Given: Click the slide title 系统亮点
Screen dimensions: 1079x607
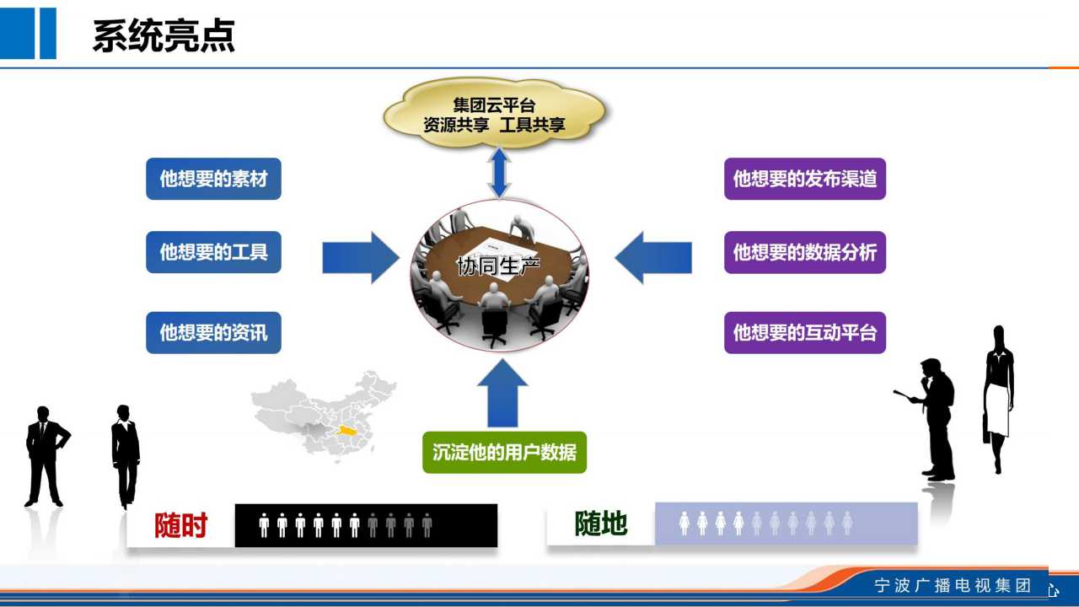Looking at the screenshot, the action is coord(164,35).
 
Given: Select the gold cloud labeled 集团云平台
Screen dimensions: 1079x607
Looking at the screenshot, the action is coord(495,113).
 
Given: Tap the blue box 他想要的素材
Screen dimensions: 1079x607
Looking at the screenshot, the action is coord(213,179).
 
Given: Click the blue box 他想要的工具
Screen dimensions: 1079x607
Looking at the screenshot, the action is coord(213,252).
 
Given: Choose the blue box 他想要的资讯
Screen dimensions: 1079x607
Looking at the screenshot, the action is coord(213,332).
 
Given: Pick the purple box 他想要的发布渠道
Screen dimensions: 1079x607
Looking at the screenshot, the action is coord(805,179).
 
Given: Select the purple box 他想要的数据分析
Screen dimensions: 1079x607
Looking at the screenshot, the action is coord(805,252).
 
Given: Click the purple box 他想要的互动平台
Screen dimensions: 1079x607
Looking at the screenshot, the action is coord(805,332).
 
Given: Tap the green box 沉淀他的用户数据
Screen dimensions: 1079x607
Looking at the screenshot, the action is coord(504,452).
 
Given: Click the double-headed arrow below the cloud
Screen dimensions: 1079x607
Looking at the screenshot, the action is coord(500,174).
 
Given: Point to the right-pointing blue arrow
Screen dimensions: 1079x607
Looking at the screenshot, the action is coord(360,257).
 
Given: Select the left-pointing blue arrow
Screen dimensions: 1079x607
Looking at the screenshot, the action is coord(653,257).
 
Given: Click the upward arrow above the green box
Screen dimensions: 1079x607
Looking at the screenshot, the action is coord(502,394).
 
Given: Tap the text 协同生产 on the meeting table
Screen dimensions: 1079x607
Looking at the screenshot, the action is coord(498,266).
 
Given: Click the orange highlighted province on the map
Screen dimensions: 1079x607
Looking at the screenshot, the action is coord(346,430).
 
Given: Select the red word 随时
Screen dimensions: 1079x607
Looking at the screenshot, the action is coord(180,524).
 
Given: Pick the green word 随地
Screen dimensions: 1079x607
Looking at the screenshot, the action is coord(601,524).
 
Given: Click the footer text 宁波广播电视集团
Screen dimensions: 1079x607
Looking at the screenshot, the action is coord(953,585).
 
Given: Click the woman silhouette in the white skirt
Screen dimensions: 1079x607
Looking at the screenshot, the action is coord(998,400).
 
